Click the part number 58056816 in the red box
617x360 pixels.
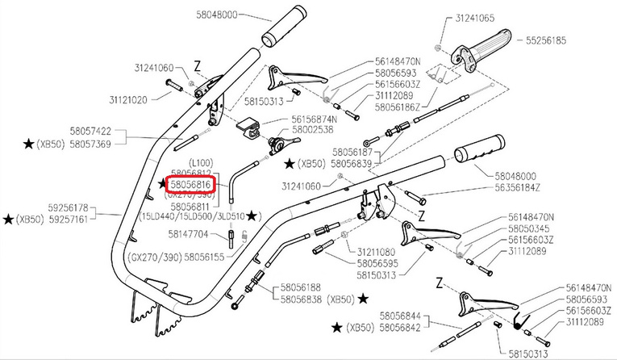[189, 185]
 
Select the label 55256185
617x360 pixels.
[547, 40]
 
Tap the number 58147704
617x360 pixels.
[188, 234]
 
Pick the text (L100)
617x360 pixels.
[204, 163]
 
